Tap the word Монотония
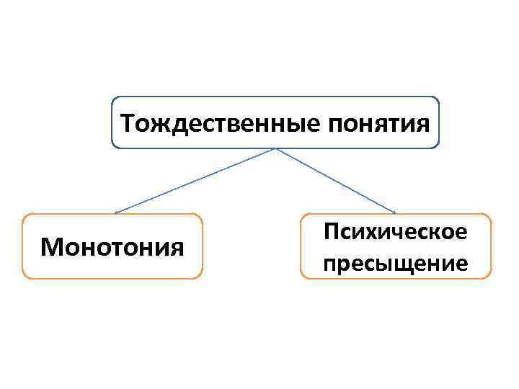[112, 247]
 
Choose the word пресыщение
[396, 263]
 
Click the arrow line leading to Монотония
[195, 181]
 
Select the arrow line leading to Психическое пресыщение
[335, 181]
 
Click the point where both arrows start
[275, 149]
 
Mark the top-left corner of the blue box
[113, 98]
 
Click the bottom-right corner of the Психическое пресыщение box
[489, 277]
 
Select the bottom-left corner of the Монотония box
[24, 277]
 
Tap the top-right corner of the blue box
[438, 98]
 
